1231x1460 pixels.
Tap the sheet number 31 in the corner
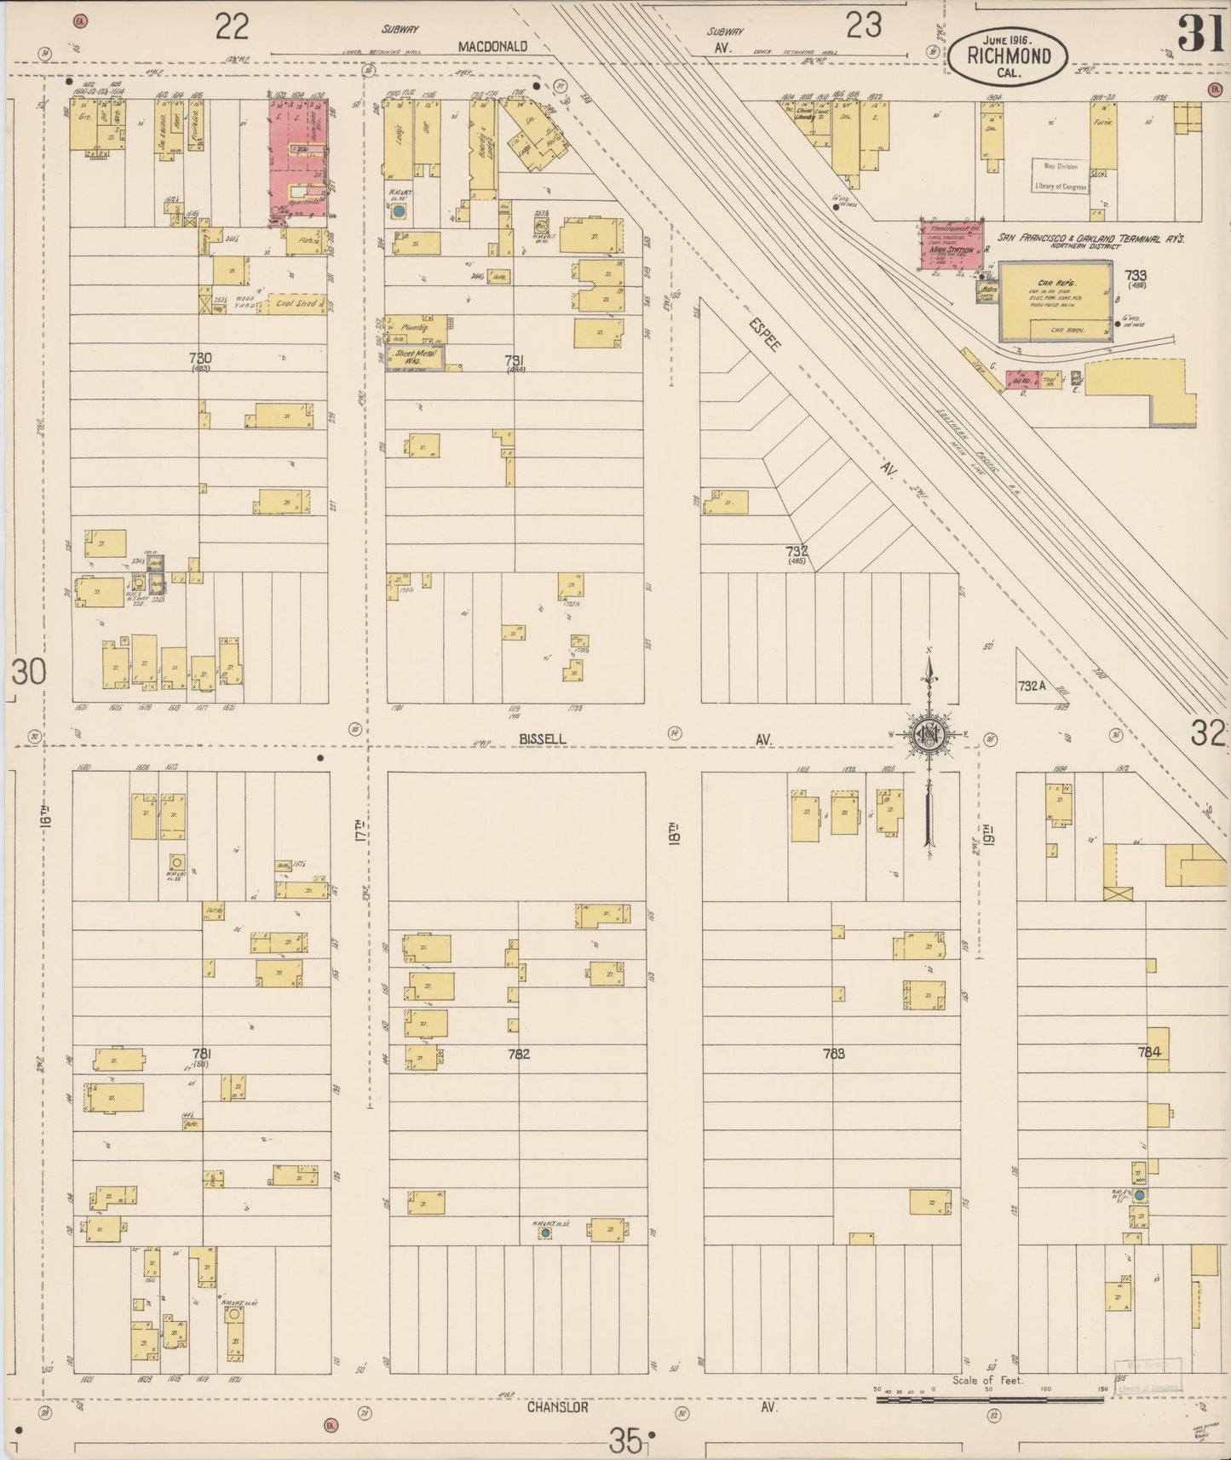[1202, 34]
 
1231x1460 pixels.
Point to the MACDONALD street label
[492, 47]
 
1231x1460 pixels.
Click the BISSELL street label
[543, 739]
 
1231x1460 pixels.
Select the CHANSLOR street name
[558, 1408]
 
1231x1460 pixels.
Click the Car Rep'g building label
[1053, 284]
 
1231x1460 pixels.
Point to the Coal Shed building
[297, 303]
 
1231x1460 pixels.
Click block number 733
[1135, 275]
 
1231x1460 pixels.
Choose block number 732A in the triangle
[1031, 684]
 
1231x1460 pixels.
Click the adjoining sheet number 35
[625, 1441]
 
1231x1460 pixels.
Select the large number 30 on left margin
[29, 673]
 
